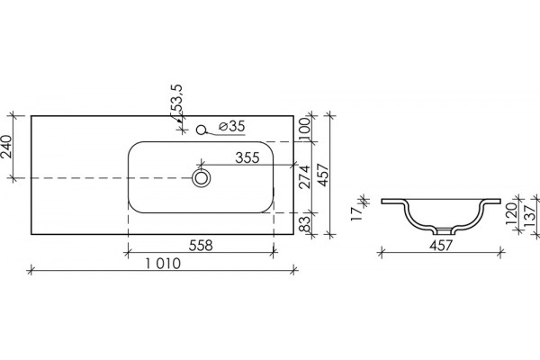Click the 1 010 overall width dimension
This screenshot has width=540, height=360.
[x=163, y=264]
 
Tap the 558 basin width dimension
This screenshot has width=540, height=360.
[x=201, y=246]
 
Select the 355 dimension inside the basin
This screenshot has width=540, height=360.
[x=247, y=157]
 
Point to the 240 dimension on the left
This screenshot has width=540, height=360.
[x=7, y=147]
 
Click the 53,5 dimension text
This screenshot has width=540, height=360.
[x=177, y=98]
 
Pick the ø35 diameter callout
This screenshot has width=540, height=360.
[x=232, y=126]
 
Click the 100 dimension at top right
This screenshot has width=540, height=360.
[x=305, y=129]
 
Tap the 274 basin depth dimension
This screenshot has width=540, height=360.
[x=304, y=177]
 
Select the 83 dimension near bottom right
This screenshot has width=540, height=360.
[x=304, y=224]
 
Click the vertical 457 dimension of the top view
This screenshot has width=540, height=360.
[x=324, y=175]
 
